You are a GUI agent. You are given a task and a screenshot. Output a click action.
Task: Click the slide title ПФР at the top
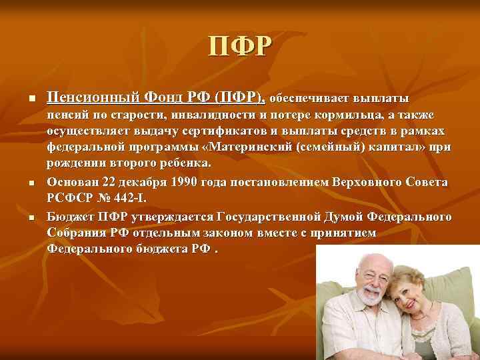click(x=240, y=46)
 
